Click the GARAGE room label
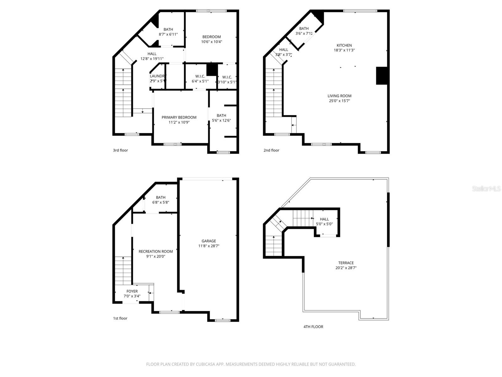209,241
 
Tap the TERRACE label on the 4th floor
346,263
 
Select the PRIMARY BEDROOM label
179,117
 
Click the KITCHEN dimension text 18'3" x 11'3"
344,50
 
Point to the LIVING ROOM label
339,96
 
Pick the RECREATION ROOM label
156,251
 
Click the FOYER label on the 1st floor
132,291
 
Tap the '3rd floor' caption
120,150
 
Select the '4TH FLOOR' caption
313,327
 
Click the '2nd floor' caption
271,150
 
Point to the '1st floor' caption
120,318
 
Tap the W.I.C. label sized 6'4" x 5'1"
200,76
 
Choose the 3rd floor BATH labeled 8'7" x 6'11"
168,30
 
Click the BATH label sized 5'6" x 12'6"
221,115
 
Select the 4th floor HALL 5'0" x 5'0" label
324,219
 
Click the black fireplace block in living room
382,76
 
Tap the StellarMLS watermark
486,188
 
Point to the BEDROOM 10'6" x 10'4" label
211,37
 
